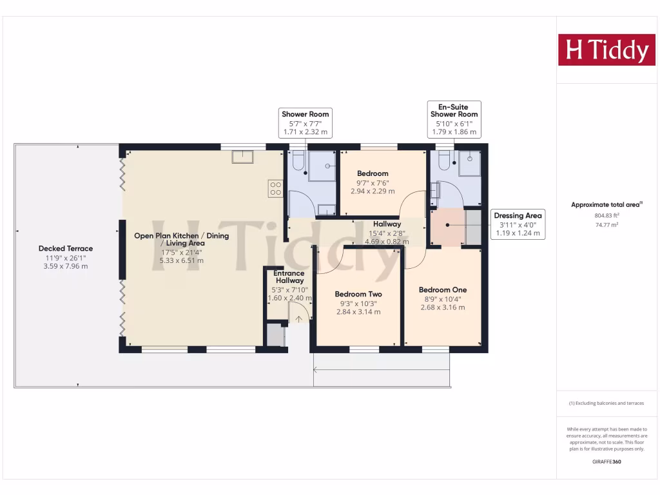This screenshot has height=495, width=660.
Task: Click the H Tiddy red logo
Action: click(x=607, y=50)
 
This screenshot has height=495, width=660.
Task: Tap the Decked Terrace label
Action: click(x=65, y=248)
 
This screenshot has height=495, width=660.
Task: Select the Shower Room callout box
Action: click(x=306, y=122)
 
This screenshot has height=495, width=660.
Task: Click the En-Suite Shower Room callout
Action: click(x=454, y=119)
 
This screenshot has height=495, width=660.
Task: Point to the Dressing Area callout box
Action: click(x=518, y=224)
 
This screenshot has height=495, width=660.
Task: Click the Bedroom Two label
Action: click(x=358, y=295)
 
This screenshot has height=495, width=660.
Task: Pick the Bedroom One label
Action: click(x=442, y=290)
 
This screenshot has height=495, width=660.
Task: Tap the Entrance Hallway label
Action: click(x=289, y=277)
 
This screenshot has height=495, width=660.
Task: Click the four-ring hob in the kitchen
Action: click(x=276, y=188)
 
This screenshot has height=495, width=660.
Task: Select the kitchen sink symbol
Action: click(x=243, y=157)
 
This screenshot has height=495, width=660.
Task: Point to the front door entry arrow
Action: click(x=298, y=318)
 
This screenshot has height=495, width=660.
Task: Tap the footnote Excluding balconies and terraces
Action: click(x=606, y=403)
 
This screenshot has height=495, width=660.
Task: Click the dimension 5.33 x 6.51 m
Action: click(x=181, y=261)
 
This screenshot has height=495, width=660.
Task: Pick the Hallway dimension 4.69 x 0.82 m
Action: click(x=387, y=242)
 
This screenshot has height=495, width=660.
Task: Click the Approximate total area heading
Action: click(x=606, y=205)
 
